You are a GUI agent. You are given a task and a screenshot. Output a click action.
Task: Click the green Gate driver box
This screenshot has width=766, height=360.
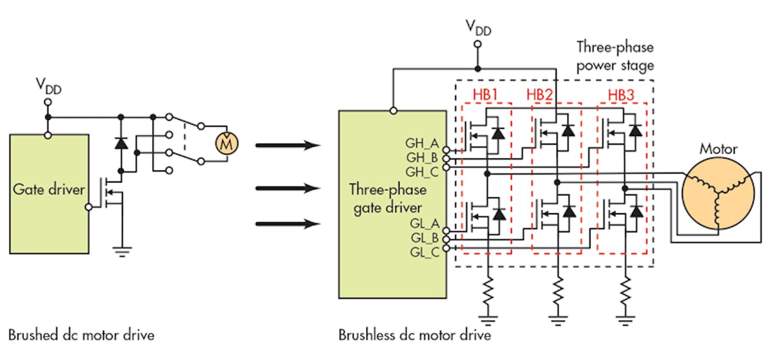[x=49, y=188]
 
